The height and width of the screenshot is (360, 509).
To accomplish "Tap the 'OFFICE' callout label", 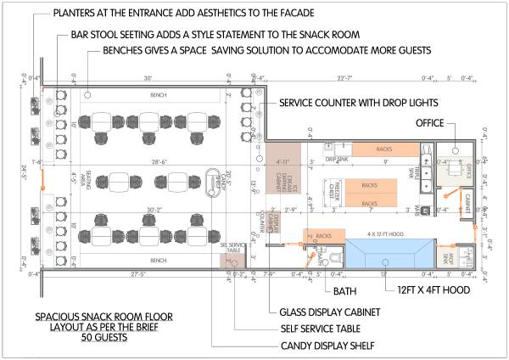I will click(430, 123).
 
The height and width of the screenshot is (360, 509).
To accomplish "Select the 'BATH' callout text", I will click(345, 291).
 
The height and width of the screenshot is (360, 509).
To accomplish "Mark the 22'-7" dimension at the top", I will click(344, 78).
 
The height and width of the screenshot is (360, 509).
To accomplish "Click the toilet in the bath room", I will click(334, 257).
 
